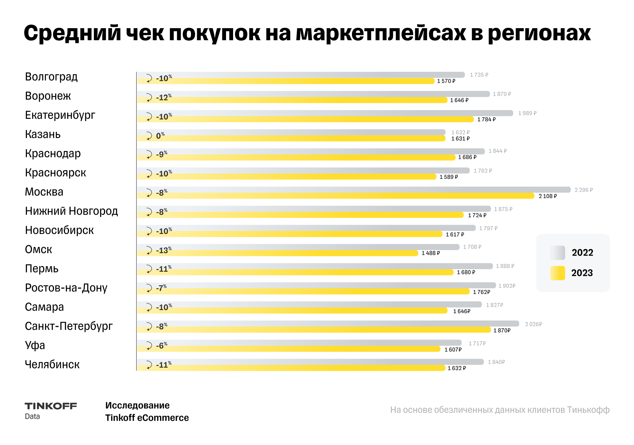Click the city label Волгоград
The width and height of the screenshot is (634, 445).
51,77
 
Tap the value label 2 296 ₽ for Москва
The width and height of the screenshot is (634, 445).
583,190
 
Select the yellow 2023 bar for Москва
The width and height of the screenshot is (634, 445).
341,196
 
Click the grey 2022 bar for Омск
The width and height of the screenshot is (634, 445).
310,247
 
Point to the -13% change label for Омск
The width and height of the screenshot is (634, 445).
163,250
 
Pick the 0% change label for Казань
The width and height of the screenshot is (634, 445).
160,136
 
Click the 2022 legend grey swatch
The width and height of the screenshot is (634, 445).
557,253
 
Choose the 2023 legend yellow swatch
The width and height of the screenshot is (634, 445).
557,273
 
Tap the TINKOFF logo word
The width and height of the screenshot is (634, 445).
51,406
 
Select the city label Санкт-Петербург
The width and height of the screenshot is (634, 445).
69,326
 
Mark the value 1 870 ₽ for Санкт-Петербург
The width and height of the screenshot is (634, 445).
502,331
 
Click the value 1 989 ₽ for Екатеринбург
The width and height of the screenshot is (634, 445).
527,113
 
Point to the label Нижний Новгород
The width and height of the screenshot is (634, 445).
71,211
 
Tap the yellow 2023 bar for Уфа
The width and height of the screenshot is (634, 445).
294,349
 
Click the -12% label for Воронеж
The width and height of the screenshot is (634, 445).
163,97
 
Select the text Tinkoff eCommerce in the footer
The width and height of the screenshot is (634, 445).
147,418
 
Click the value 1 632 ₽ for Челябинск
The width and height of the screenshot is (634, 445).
457,368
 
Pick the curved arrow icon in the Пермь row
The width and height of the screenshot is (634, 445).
149,269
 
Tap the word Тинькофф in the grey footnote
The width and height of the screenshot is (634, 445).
588,410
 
